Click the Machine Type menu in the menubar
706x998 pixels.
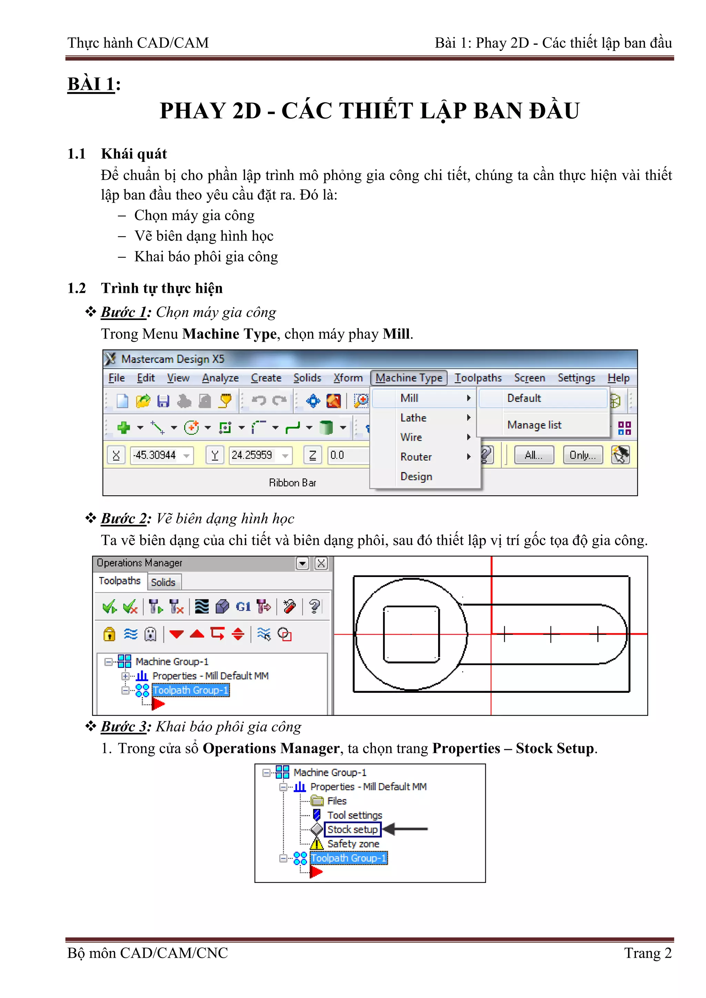(x=409, y=378)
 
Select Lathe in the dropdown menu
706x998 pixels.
(x=413, y=418)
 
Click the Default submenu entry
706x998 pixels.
(x=524, y=398)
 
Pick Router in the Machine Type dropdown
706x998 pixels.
(x=415, y=457)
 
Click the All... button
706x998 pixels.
(x=533, y=455)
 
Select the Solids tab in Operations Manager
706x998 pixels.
(x=163, y=582)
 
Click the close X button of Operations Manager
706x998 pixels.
(x=321, y=563)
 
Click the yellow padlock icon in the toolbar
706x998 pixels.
(x=109, y=634)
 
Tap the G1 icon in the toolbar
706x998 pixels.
(x=243, y=606)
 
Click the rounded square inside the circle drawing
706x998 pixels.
(x=411, y=634)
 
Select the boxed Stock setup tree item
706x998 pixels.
(x=352, y=829)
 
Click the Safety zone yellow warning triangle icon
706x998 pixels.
(x=317, y=844)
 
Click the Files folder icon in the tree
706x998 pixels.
(x=317, y=801)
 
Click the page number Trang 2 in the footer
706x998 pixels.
(x=647, y=953)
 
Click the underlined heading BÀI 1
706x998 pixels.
(x=91, y=84)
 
